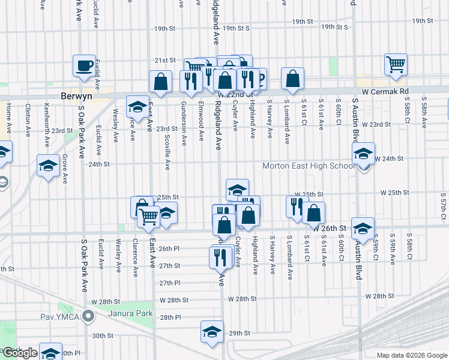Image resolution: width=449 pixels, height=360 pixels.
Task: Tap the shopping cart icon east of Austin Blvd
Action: (x=396, y=64)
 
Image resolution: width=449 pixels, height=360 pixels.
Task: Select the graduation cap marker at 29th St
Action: (x=212, y=331)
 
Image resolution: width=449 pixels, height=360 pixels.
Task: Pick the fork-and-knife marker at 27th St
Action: (x=220, y=256)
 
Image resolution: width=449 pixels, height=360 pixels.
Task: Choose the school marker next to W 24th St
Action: (x=363, y=154)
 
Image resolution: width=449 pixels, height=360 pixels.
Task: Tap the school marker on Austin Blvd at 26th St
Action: (x=363, y=228)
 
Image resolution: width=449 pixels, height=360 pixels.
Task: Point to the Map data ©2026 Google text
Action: (x=411, y=355)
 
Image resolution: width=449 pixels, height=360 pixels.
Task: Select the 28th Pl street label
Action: (x=170, y=317)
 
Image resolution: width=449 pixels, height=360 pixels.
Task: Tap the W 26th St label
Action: (x=330, y=229)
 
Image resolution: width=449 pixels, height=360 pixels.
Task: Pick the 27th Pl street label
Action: (x=170, y=283)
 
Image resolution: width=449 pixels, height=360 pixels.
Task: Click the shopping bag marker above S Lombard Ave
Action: (x=292, y=79)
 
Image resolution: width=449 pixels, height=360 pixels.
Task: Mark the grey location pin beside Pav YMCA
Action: (x=88, y=314)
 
